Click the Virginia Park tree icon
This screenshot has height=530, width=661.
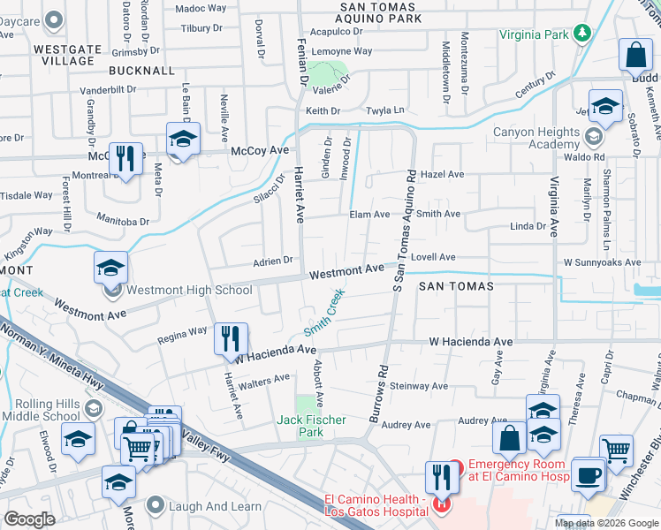click(581, 34)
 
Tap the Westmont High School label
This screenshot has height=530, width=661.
click(189, 290)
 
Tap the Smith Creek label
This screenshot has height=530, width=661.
click(323, 315)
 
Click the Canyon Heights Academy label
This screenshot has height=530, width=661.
click(536, 139)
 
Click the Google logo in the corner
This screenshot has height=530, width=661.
click(30, 519)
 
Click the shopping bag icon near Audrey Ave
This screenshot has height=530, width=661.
click(510, 439)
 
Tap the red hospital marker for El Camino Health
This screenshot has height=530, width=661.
click(441, 505)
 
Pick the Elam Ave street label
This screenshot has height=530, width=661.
click(369, 215)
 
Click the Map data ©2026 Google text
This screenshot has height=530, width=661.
click(605, 522)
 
